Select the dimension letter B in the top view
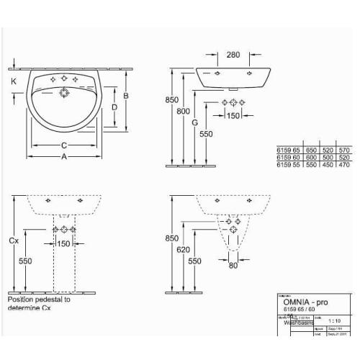click(x=125, y=95)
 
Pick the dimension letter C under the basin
click(x=63, y=143)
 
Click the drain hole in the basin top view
click(x=65, y=93)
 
